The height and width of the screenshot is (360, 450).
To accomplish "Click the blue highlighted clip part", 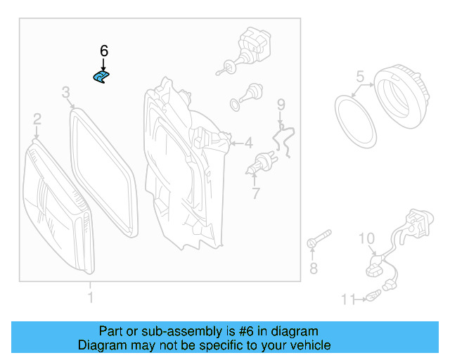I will pos(102,77).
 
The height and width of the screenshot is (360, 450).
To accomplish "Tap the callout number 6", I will pos(104,51).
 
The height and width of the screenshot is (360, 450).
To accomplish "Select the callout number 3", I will pos(65,92).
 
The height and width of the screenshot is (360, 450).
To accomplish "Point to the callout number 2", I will pos(37,120).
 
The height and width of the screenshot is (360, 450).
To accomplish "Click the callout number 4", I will pos(247,143).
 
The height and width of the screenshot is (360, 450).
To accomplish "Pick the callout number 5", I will pos(359,76).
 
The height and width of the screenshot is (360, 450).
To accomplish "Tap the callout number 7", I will pos(256,193).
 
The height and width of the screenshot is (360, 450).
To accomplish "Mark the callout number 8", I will pos(314,268).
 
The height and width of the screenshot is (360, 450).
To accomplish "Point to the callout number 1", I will pos(90,298).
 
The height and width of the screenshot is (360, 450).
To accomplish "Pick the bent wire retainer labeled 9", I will pos(285,137).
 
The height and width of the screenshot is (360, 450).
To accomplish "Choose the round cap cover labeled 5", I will pos(398,95).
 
